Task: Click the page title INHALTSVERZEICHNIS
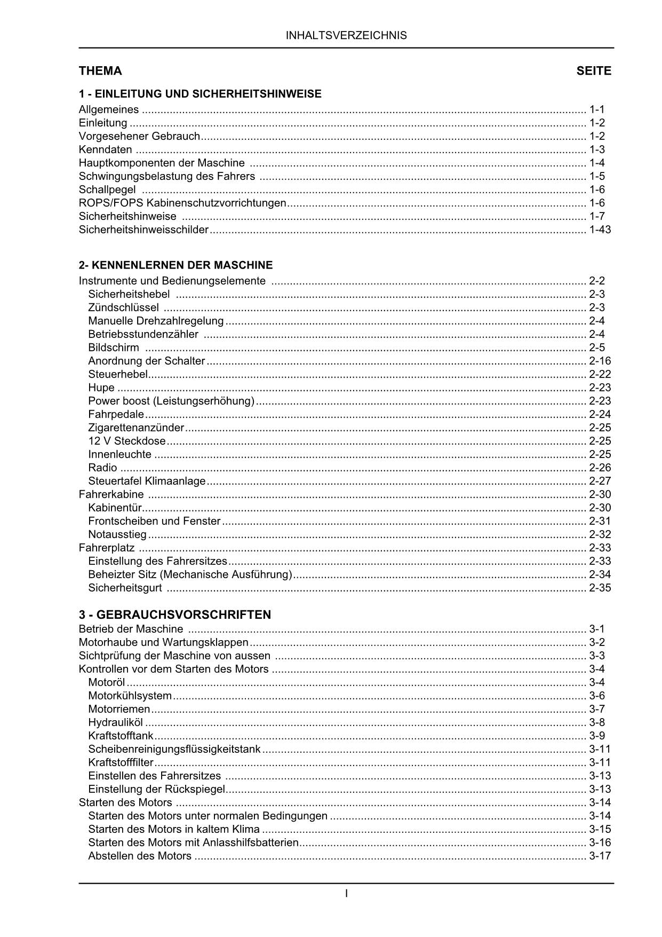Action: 346,36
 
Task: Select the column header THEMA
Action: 100,71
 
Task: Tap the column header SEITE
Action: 594,71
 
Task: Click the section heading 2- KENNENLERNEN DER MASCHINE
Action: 176,265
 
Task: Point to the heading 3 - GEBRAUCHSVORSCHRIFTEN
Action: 175,615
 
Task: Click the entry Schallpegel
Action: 107,190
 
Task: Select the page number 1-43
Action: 600,230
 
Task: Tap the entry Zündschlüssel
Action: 123,308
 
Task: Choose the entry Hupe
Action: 101,388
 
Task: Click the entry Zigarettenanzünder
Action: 136,428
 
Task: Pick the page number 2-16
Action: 600,361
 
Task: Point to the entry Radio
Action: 102,468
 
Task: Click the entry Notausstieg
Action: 117,534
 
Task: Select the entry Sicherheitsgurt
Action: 125,588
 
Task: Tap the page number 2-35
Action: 600,588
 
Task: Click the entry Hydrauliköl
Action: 115,722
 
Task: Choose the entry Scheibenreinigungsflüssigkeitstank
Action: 174,749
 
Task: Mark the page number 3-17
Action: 600,856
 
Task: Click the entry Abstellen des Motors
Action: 140,856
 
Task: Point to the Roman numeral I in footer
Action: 347,893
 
